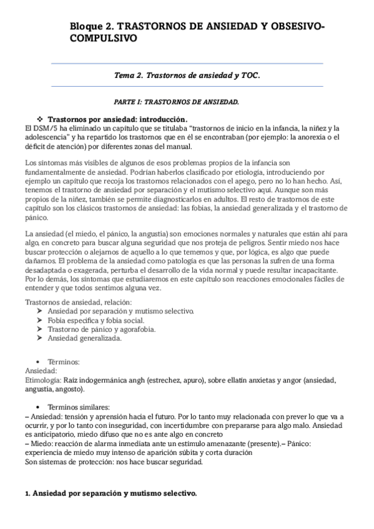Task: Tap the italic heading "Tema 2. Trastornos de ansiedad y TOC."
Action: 186,75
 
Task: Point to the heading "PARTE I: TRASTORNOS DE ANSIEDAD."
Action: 176,100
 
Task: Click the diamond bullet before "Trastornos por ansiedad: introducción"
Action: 59,118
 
